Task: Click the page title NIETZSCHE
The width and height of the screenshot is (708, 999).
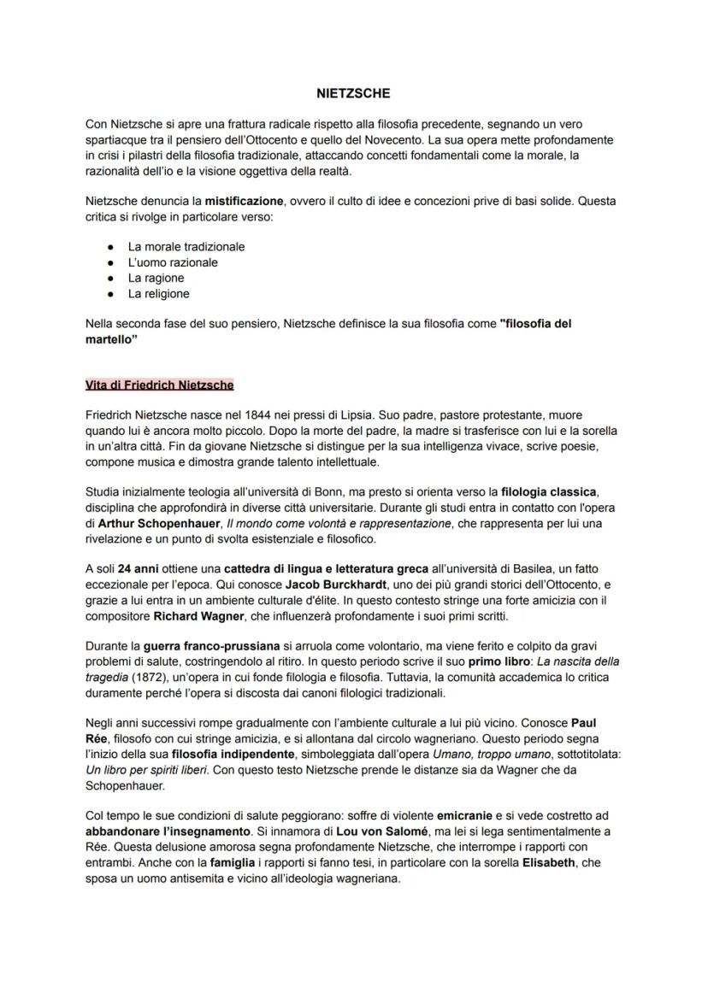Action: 353,93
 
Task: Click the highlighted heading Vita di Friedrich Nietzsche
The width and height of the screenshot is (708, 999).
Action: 160,385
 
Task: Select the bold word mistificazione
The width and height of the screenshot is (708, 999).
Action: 244,201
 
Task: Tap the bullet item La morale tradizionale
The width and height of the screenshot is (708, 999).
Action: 186,247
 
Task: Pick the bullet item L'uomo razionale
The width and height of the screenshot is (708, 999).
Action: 173,262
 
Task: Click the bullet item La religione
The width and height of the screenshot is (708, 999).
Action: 159,294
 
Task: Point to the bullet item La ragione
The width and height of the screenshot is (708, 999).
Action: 156,278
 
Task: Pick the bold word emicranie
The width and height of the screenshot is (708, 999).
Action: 473,817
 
